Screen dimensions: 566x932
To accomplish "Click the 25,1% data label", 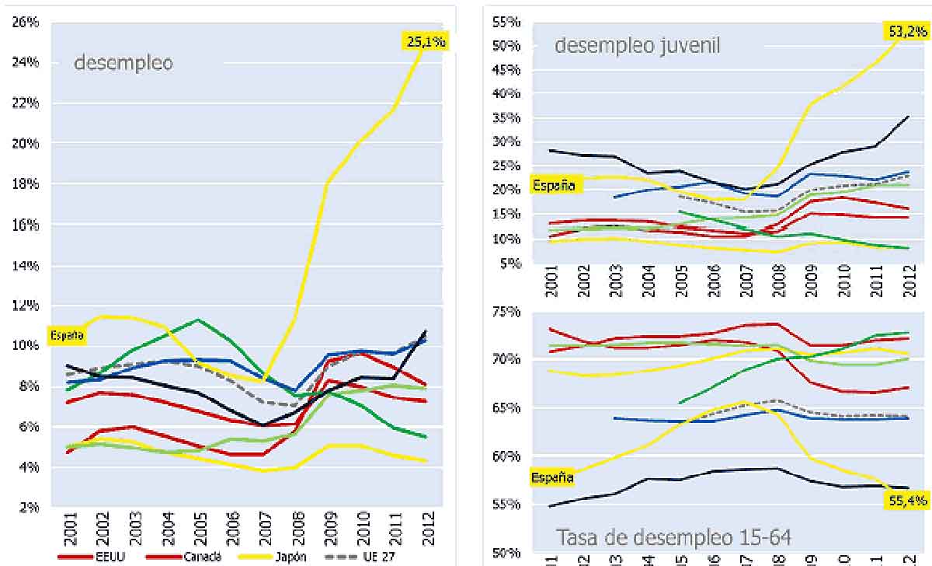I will [x=424, y=41].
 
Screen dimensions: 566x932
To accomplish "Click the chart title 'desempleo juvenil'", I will [x=637, y=45].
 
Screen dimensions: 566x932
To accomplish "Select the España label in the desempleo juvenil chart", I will [x=554, y=185].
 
